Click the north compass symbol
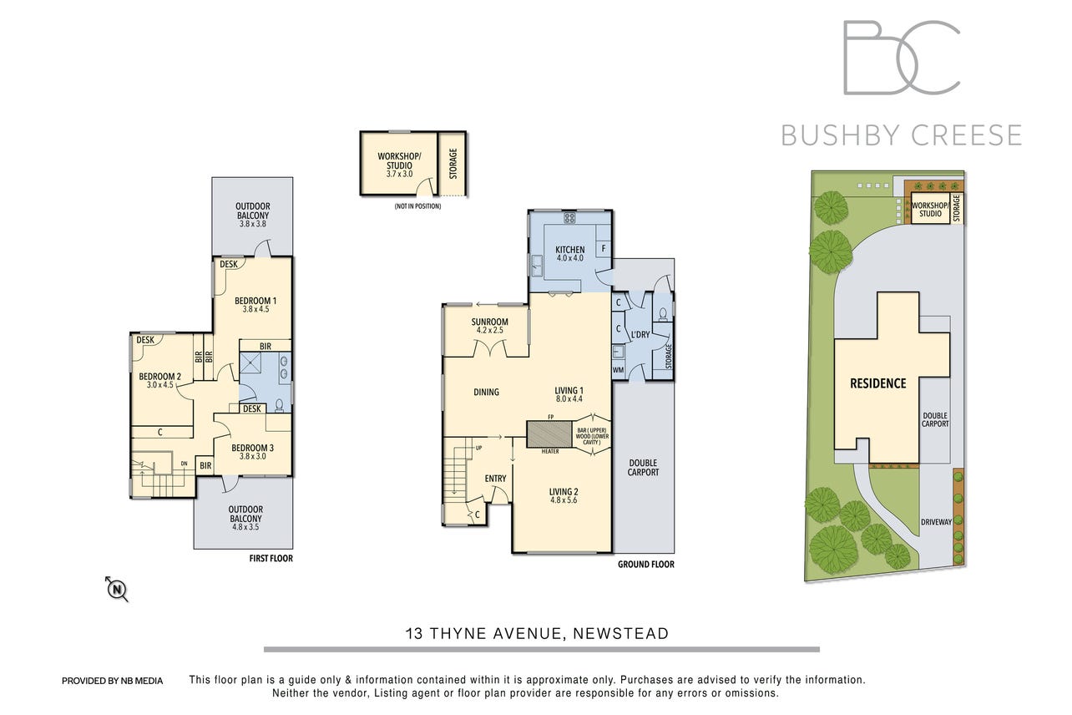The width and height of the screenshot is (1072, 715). [x=117, y=589]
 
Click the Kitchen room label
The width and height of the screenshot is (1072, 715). [x=569, y=250]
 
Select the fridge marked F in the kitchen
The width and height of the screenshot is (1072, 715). [x=604, y=249]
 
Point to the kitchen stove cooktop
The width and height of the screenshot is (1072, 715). [x=569, y=218]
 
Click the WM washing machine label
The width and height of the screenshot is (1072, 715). [x=618, y=370]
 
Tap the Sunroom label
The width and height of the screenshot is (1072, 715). [x=489, y=322]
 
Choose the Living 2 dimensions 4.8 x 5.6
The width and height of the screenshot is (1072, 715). [x=564, y=500]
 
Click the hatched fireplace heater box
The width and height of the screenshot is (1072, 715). [x=549, y=434]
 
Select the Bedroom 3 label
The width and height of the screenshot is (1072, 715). [x=252, y=448]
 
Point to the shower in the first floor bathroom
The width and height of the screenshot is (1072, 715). [x=250, y=363]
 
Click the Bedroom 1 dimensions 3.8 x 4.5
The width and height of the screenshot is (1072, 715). [x=255, y=309]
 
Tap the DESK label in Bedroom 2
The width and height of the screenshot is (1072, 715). [x=145, y=340]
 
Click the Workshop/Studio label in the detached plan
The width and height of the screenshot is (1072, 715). [x=399, y=161]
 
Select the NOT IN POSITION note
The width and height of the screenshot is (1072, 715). [x=417, y=206]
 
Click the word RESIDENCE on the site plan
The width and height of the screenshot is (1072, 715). [x=878, y=383]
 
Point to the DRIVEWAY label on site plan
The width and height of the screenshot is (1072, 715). [x=936, y=522]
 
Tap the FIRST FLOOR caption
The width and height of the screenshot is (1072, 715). [x=271, y=559]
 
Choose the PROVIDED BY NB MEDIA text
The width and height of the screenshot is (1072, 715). [x=113, y=681]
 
